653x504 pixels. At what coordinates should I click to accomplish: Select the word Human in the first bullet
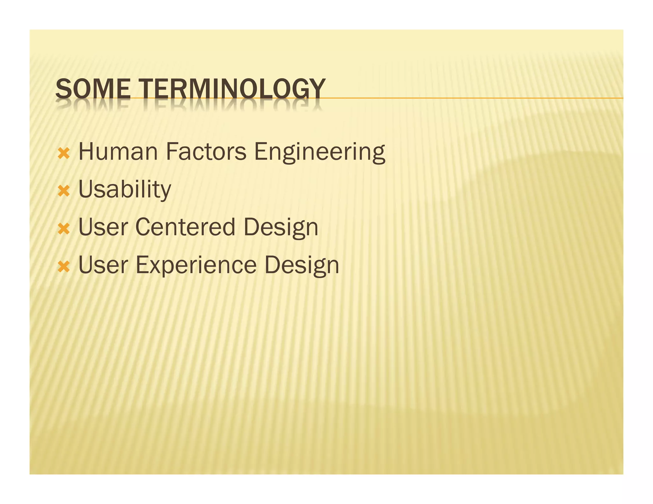click(118, 152)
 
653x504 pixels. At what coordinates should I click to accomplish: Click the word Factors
click(206, 152)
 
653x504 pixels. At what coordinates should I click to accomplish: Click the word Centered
click(185, 227)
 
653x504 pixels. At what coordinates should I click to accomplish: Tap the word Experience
click(196, 265)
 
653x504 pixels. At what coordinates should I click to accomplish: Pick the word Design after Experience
click(302, 265)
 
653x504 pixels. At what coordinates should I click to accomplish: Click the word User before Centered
click(103, 227)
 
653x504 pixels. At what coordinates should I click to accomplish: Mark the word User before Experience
click(103, 265)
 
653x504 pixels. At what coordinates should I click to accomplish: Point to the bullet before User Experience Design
click(64, 267)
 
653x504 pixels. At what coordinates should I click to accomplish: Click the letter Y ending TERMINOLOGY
click(318, 89)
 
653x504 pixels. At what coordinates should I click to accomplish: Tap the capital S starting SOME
click(63, 89)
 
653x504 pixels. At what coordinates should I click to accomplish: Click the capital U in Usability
click(86, 189)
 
